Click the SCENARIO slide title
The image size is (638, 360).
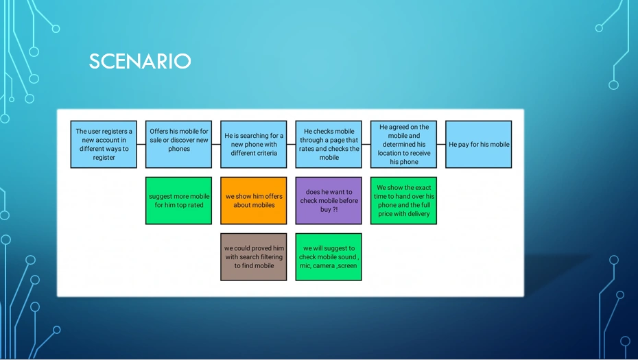(x=140, y=62)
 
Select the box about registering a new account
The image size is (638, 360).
(x=104, y=145)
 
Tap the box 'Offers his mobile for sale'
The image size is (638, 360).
(x=178, y=145)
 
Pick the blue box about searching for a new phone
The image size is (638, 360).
(x=254, y=145)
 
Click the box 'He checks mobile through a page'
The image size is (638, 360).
(x=329, y=145)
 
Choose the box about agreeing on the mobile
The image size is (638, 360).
(x=403, y=145)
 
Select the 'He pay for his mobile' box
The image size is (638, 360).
(x=479, y=145)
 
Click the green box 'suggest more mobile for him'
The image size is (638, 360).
(x=178, y=200)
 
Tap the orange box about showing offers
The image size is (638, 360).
(x=254, y=200)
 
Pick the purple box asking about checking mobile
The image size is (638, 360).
(x=329, y=200)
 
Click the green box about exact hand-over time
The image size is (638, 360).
(x=403, y=200)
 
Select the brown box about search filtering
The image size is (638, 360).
(x=254, y=256)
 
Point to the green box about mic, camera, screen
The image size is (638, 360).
(x=329, y=256)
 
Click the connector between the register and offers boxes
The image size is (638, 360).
(x=141, y=145)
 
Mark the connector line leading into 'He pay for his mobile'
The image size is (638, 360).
(x=441, y=145)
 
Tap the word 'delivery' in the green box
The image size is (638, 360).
(x=418, y=214)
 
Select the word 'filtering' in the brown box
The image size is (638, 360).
(x=270, y=257)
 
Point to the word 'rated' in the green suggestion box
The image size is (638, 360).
(x=196, y=205)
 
